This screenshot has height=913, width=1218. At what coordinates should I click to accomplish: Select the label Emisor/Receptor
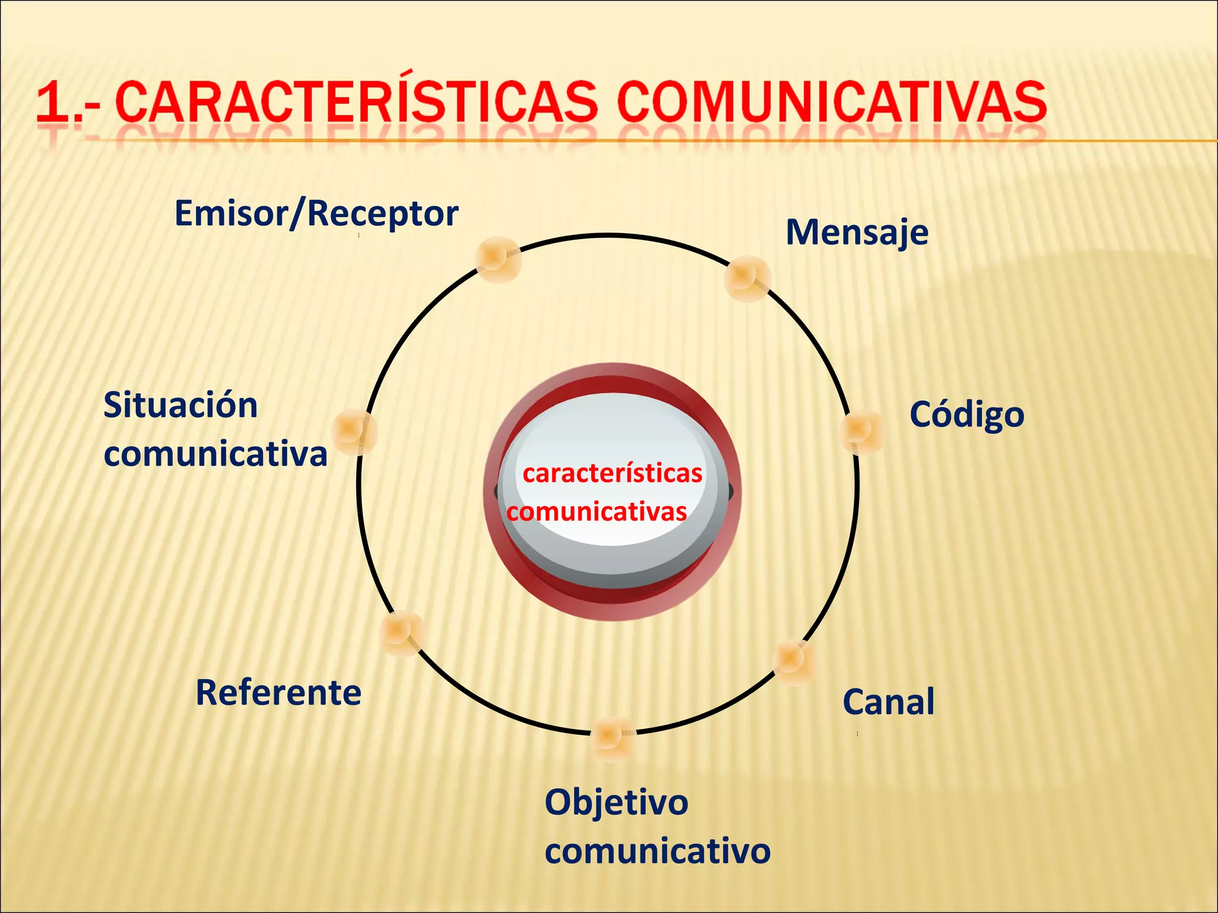pyautogui.click(x=316, y=214)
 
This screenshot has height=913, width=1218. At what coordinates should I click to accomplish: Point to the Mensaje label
pyautogui.click(x=856, y=232)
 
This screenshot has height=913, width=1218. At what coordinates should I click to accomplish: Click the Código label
pyautogui.click(x=966, y=415)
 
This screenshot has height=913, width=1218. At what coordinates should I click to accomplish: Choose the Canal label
pyautogui.click(x=889, y=702)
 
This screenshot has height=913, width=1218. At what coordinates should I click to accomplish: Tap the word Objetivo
pyautogui.click(x=616, y=802)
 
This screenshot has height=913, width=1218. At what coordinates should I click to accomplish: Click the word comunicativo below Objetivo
pyautogui.click(x=657, y=851)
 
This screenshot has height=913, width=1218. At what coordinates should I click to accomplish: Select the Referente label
pyautogui.click(x=278, y=693)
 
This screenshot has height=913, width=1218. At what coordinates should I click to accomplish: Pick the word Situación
pyautogui.click(x=180, y=406)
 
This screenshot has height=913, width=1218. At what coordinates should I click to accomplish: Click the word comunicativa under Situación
pyautogui.click(x=215, y=454)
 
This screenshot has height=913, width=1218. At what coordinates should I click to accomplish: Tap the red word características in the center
pyautogui.click(x=612, y=474)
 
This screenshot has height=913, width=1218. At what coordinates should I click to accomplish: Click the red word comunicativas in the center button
pyautogui.click(x=597, y=512)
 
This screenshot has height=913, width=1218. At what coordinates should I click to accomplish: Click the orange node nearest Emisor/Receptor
pyautogui.click(x=498, y=259)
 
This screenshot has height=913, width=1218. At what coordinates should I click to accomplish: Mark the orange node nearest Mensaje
pyautogui.click(x=747, y=278)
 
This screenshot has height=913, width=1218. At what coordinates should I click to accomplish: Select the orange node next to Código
pyautogui.click(x=862, y=431)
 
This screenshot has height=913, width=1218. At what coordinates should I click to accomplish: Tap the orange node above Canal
pyautogui.click(x=794, y=661)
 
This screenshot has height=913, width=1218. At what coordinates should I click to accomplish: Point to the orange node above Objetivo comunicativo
pyautogui.click(x=612, y=737)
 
